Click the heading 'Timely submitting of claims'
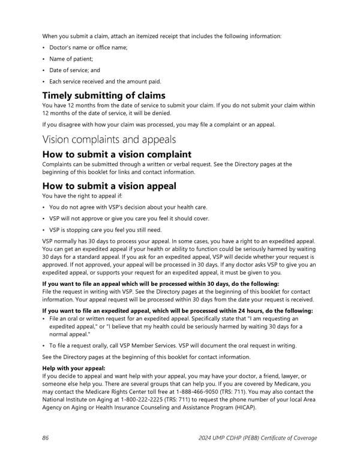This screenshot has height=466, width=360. [103, 95]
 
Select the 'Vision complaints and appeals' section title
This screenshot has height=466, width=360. [109, 139]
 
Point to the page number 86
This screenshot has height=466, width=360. [46, 438]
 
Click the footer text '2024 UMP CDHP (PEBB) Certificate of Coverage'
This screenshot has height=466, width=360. [257, 438]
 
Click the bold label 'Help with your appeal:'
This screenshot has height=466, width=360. [74, 368]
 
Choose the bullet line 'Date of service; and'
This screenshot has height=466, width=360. [75, 70]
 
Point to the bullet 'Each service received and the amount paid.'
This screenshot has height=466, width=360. [105, 81]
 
